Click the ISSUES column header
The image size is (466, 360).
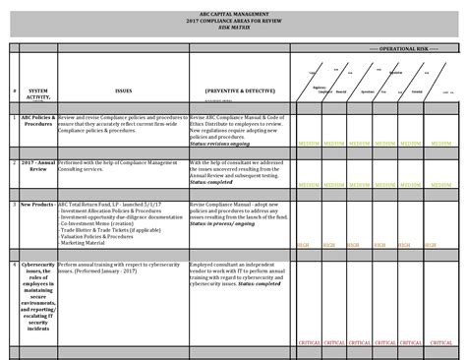pos(123,88)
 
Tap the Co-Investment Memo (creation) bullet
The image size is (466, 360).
pos(97,222)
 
